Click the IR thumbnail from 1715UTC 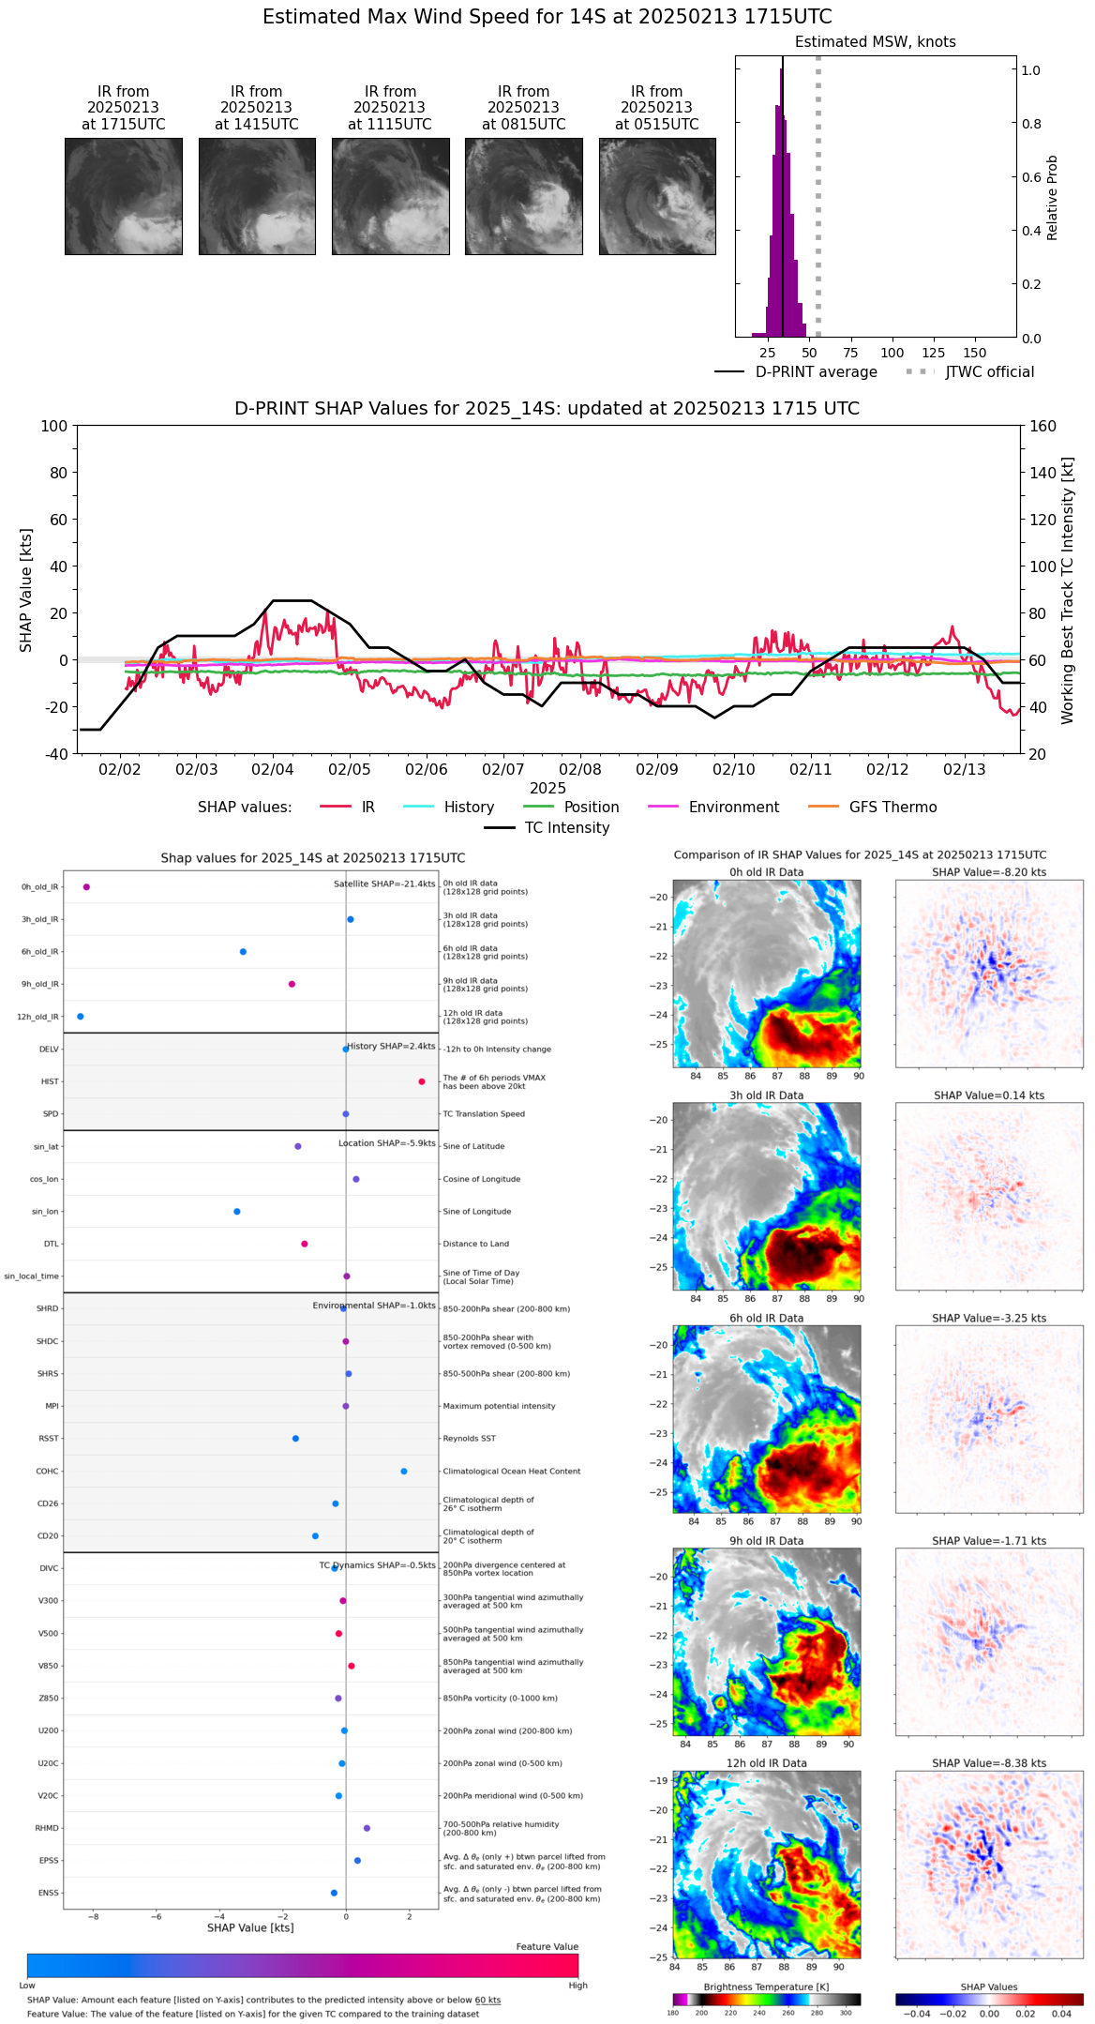coord(124,196)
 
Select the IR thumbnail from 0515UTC coord(657,196)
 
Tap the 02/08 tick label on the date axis coord(580,770)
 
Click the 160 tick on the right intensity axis coord(1043,427)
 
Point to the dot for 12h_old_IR coord(81,1017)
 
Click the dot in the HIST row coord(422,1081)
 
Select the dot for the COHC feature coord(404,1471)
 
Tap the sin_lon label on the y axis coord(45,1212)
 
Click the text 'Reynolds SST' coord(470,1439)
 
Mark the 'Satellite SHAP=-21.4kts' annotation coord(384,884)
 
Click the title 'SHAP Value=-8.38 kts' coord(989,1763)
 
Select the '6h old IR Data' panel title coord(766,1318)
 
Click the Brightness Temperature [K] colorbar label coord(766,1986)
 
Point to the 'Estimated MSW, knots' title coord(875,42)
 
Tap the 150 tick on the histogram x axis coord(975,354)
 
